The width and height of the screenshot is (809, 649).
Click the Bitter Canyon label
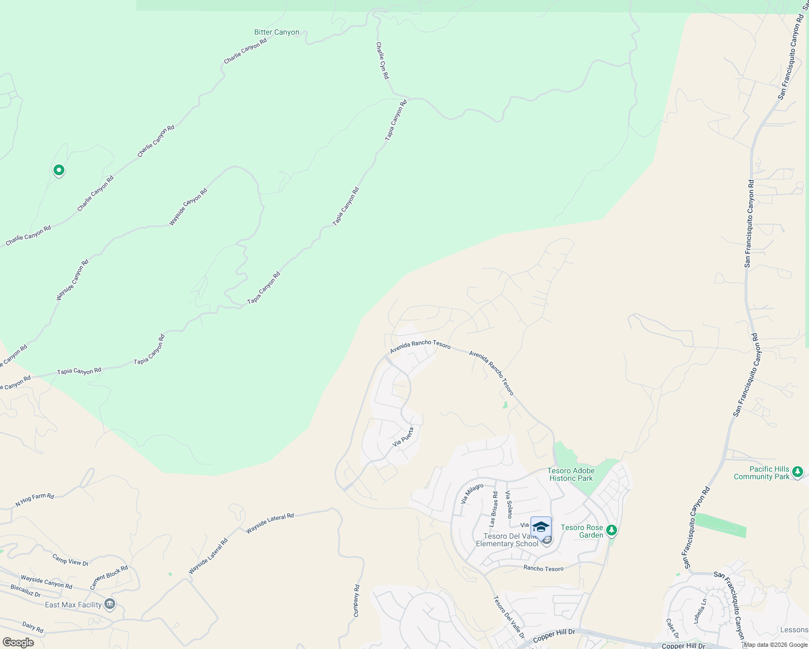click(276, 32)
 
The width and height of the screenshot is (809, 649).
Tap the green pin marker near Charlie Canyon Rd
click(58, 171)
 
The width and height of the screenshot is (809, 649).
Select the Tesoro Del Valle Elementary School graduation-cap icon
click(541, 527)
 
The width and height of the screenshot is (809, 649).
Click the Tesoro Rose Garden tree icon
click(612, 530)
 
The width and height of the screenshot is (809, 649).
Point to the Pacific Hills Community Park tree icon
click(797, 473)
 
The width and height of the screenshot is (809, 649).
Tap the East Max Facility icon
click(110, 604)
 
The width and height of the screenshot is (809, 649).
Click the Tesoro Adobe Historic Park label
click(571, 474)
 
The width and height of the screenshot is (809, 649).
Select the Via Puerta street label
click(403, 437)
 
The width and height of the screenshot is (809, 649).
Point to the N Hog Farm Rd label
click(35, 500)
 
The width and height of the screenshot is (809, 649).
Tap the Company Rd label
click(356, 601)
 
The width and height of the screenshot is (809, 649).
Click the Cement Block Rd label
click(109, 578)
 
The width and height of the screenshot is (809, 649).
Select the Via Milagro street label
click(472, 494)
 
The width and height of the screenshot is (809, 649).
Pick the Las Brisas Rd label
click(493, 509)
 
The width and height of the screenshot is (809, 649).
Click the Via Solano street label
click(508, 505)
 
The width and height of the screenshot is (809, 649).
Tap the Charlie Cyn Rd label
click(382, 61)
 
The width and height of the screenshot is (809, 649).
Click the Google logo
click(18, 643)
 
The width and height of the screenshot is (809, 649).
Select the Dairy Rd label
click(32, 627)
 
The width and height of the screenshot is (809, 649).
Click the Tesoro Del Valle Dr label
click(509, 615)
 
